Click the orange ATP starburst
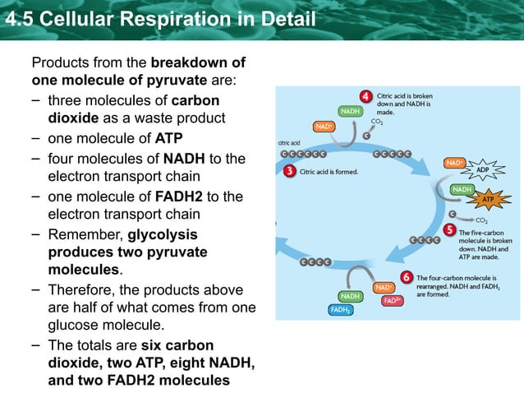(x=488, y=199)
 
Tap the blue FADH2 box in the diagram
(x=341, y=310)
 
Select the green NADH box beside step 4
(x=348, y=111)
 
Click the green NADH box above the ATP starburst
(x=462, y=189)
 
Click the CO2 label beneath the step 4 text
(x=377, y=121)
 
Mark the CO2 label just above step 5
(x=481, y=220)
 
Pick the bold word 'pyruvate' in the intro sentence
(x=177, y=81)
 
